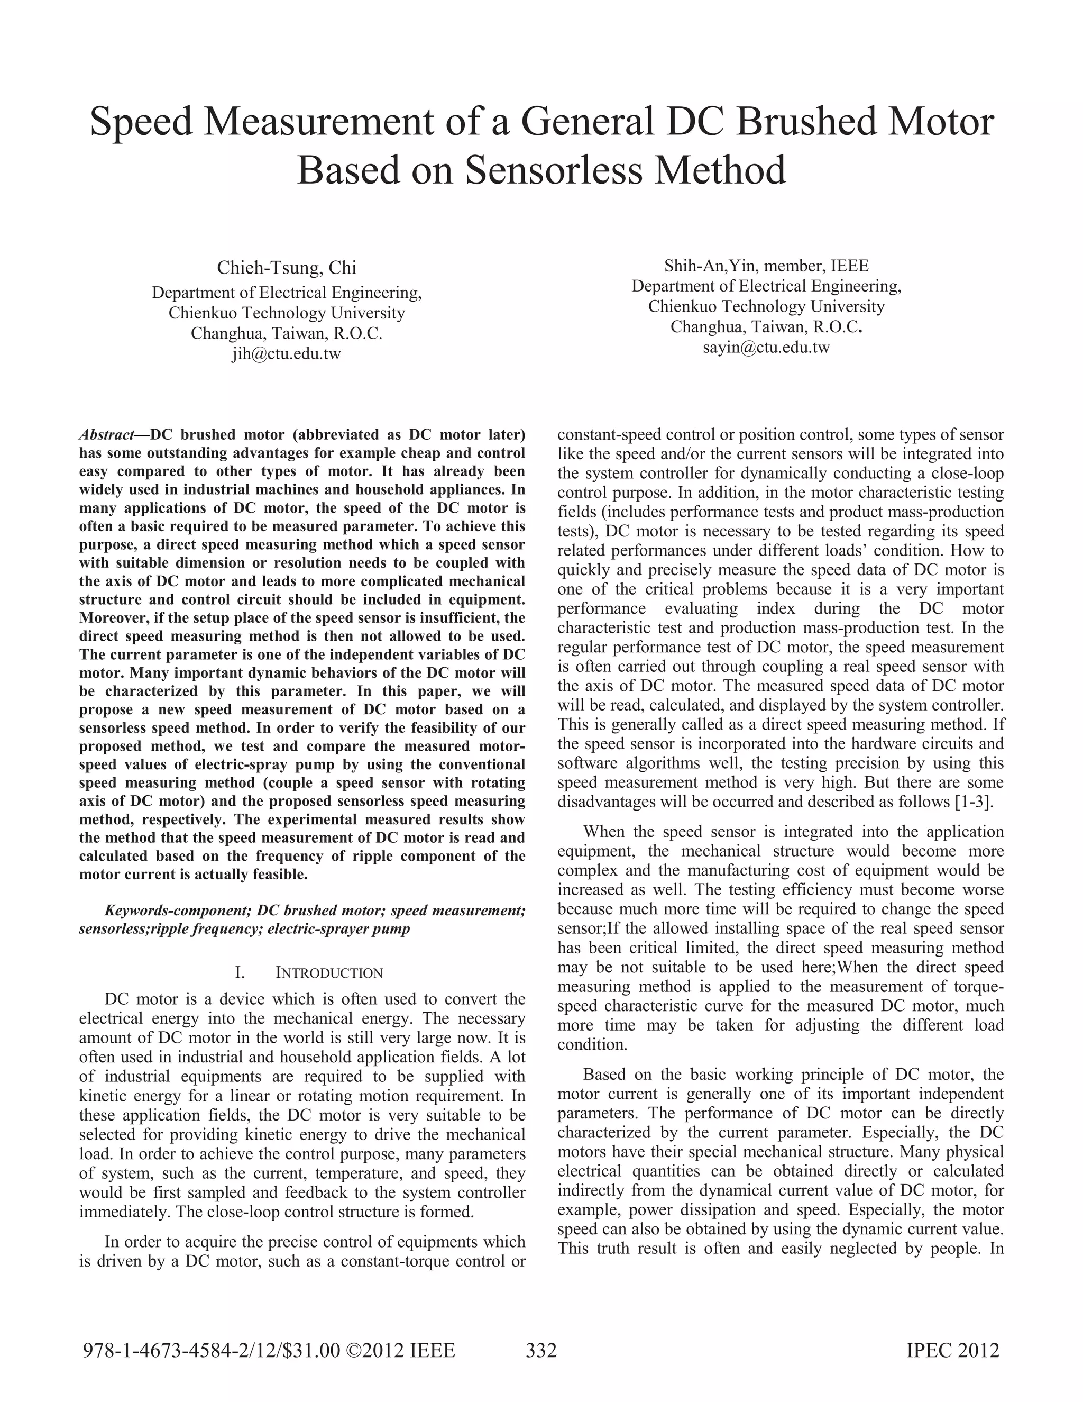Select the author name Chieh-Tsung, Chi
click(286, 268)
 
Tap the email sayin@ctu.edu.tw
click(766, 348)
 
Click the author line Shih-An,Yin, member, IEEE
click(766, 266)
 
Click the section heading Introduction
click(329, 972)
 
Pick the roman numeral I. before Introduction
click(240, 972)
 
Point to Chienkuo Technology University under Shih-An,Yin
click(766, 306)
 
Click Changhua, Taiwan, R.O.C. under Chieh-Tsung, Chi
click(286, 334)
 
